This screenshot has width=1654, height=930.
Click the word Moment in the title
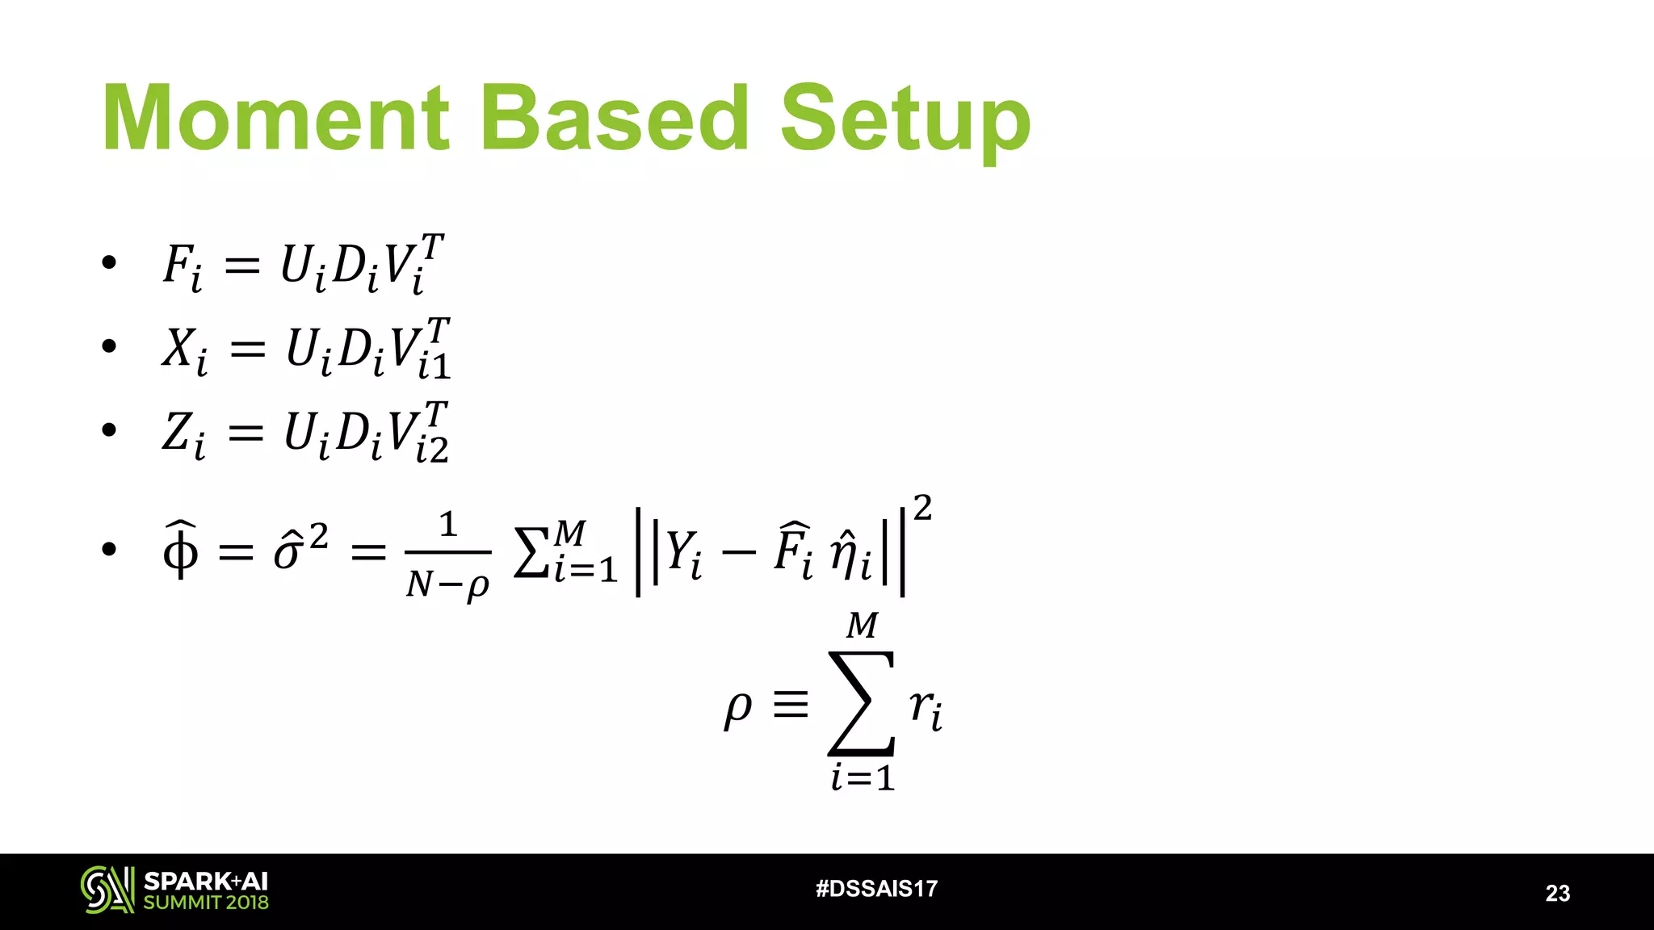(x=275, y=119)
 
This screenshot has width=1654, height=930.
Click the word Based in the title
(x=615, y=119)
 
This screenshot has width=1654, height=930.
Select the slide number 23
(x=1557, y=893)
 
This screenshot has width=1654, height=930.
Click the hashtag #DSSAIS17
(x=876, y=889)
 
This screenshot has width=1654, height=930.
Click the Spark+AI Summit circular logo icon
(x=107, y=890)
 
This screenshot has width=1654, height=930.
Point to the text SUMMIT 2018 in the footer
(x=206, y=903)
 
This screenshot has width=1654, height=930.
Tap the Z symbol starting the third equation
(x=178, y=432)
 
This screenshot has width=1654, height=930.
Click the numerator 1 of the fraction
(x=448, y=525)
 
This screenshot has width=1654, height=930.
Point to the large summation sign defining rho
(x=862, y=702)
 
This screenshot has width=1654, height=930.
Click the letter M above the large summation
(x=862, y=626)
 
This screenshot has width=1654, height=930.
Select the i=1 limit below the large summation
(x=863, y=778)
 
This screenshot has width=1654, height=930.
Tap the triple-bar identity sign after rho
(x=790, y=705)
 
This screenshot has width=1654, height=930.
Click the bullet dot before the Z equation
(x=109, y=430)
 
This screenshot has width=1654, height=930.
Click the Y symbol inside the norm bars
(x=680, y=554)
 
